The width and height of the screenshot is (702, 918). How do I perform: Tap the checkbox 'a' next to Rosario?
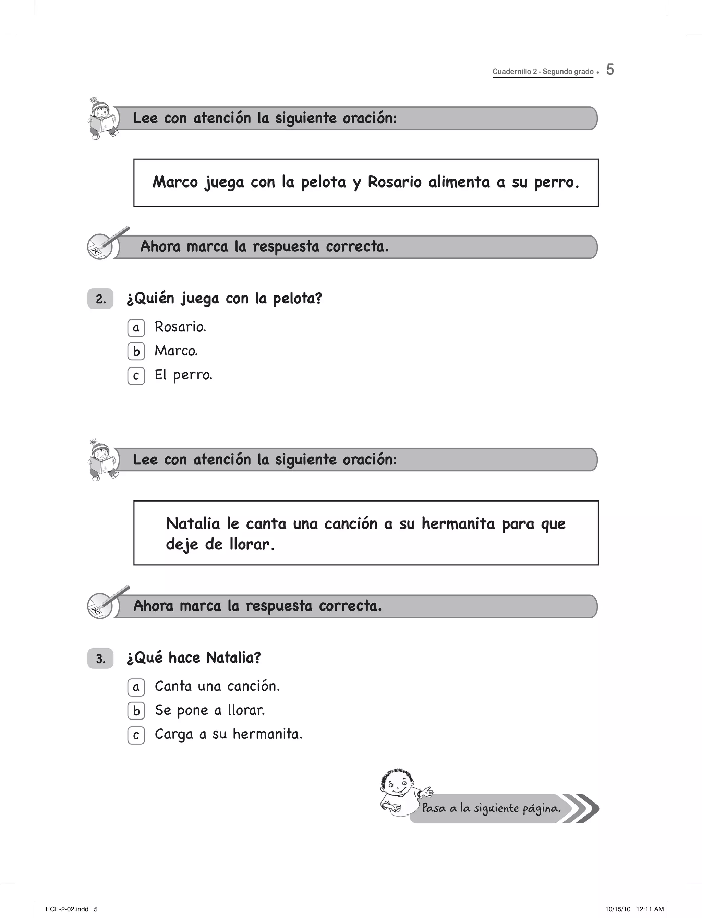click(136, 328)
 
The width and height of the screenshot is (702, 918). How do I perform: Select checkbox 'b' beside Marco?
click(136, 352)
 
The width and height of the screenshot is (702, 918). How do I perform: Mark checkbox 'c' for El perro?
click(136, 376)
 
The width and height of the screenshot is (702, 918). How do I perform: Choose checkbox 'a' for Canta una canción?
click(136, 687)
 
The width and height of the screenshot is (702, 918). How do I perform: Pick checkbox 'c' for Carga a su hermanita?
click(136, 735)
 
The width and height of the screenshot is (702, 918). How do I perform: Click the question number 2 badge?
click(100, 299)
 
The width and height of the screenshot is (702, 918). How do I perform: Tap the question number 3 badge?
click(100, 659)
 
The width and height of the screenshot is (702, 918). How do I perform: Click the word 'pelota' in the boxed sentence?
click(324, 182)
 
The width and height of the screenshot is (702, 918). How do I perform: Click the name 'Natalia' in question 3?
click(233, 658)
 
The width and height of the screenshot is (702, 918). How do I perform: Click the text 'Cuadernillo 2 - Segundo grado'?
click(543, 71)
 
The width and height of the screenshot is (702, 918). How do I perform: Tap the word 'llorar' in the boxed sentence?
click(250, 544)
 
